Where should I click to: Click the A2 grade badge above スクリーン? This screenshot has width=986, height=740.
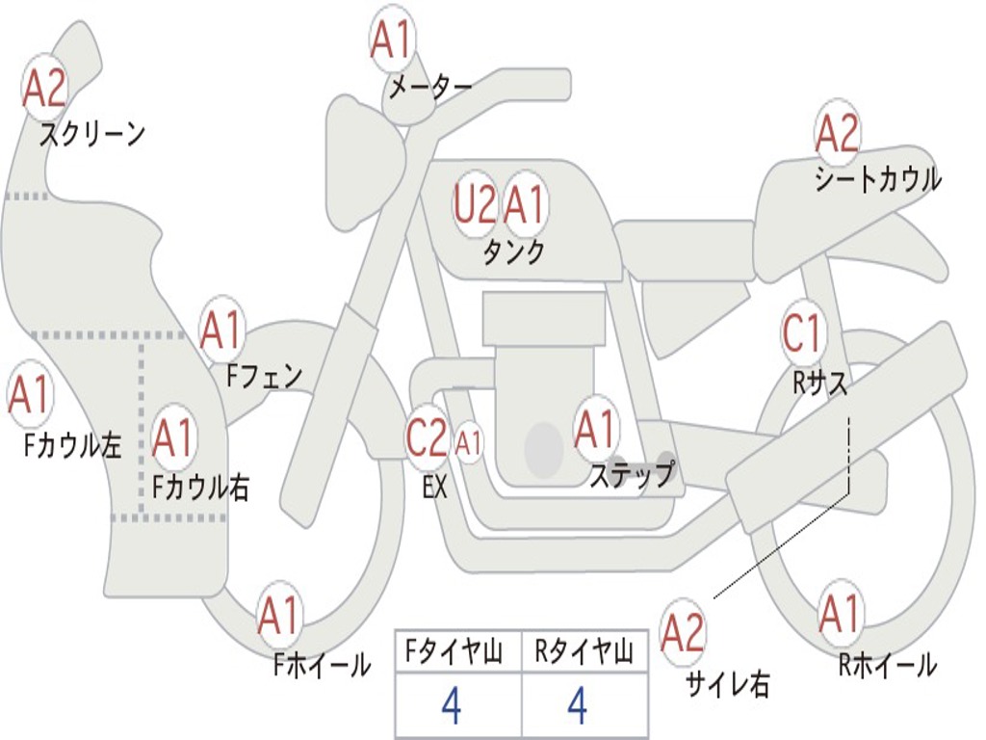click(44, 88)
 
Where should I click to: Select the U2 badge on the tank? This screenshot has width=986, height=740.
click(476, 205)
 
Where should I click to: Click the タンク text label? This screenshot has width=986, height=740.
click(513, 252)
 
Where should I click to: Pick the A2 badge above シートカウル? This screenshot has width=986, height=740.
click(837, 133)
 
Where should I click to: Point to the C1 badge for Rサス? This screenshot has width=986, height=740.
click(802, 334)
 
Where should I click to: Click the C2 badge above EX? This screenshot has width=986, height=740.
click(427, 439)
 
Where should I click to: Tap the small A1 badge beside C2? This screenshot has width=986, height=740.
click(468, 444)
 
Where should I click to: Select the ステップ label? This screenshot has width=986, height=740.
click(632, 475)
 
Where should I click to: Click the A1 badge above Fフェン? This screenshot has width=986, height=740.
click(222, 330)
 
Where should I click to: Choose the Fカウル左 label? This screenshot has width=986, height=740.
click(73, 445)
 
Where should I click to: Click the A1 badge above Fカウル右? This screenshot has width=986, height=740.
click(173, 438)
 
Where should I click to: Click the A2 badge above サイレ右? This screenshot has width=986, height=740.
click(683, 633)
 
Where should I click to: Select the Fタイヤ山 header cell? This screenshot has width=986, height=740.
click(456, 654)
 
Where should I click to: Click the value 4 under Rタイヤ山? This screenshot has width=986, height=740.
click(578, 706)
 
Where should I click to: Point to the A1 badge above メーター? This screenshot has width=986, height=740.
click(392, 40)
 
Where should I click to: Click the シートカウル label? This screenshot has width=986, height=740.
click(877, 180)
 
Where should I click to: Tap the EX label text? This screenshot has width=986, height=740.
click(434, 488)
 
